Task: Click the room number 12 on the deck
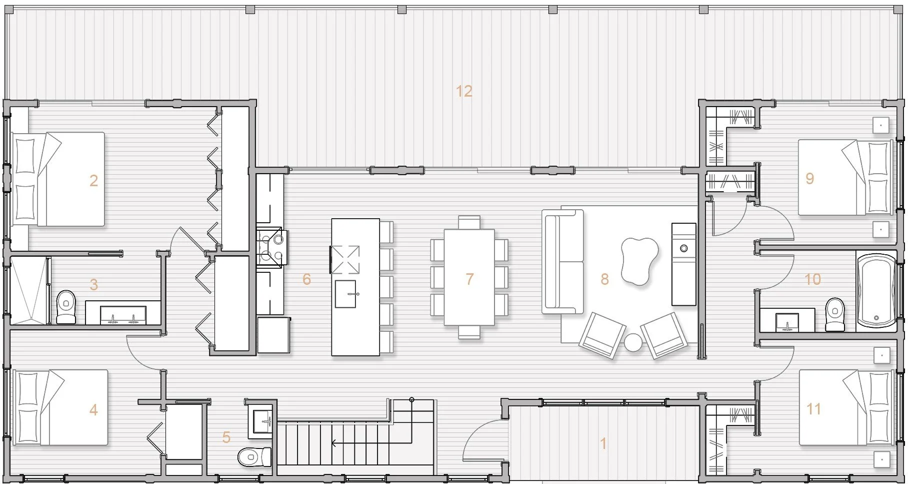pos(464,91)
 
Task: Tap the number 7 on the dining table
pos(469,279)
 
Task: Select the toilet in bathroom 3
pos(66,307)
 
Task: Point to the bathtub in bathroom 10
pos(876,291)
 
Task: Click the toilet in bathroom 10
pos(834,315)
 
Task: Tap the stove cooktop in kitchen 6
pos(272,247)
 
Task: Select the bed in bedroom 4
pos(61,407)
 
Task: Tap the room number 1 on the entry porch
pos(603,443)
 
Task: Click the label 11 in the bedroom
pos(813,409)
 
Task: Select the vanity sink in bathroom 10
pos(787,321)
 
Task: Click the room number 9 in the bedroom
pos(810,178)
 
